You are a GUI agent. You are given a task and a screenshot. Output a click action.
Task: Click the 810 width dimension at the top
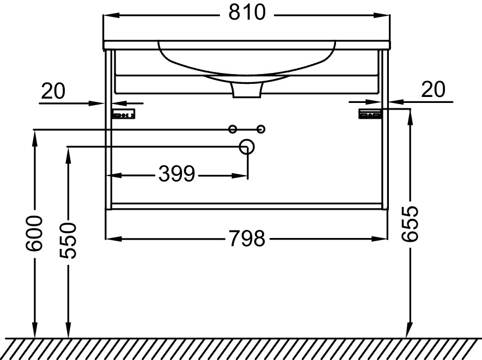coord(247,13)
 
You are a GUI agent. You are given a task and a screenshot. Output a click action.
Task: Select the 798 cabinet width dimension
coord(247,238)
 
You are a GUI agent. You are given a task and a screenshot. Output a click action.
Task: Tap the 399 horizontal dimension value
coord(176,174)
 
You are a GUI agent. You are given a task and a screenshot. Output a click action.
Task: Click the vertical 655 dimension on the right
coord(410,223)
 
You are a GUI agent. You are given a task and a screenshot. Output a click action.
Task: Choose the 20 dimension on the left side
coord(53,91)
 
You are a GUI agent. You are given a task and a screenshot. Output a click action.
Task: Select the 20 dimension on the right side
coord(433,89)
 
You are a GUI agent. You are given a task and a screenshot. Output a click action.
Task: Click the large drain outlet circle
coord(247,147)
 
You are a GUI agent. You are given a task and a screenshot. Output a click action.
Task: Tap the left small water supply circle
coord(233,129)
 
